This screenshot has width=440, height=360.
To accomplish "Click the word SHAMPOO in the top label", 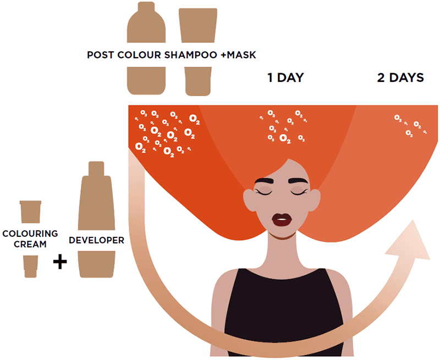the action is coord(190,54).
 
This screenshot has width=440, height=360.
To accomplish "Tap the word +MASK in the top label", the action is coord(238,54).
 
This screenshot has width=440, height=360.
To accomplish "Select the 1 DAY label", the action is coord(285,77).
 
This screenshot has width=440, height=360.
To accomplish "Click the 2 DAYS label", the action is coord(400,77).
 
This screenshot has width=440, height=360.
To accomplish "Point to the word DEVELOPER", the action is coord(97,240).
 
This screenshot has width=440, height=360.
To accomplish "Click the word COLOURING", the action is coord(30,234).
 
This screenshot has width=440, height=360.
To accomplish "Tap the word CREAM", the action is coord(30,244).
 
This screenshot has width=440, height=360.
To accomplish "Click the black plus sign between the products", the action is coord(60,262).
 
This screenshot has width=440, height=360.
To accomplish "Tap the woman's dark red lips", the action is coord(282,220).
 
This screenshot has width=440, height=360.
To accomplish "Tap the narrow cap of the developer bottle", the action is coord(96,169).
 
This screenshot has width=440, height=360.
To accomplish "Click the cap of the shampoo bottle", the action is coord(146,7).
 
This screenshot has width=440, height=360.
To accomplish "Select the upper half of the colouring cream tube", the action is coord(31,212).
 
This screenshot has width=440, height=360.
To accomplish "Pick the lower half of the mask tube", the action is coord(198,81).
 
